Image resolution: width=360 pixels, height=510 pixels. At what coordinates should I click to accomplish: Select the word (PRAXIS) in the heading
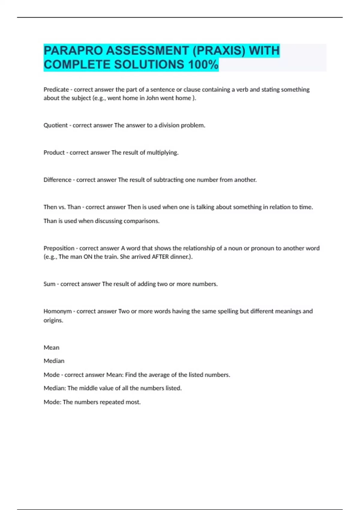(219, 51)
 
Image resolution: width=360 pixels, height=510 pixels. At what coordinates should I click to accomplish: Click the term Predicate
(56, 90)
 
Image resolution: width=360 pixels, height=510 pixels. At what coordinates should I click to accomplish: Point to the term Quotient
(55, 125)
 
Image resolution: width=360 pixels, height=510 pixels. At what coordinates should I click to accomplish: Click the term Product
(54, 153)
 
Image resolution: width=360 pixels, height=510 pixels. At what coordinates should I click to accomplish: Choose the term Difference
(57, 180)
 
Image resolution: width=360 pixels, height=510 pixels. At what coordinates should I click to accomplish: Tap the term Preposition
(59, 248)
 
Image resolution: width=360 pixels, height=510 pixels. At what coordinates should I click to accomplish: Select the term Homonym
(58, 311)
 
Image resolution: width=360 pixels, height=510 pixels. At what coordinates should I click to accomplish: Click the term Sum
(49, 284)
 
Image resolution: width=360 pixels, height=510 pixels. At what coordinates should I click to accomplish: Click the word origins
(53, 320)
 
